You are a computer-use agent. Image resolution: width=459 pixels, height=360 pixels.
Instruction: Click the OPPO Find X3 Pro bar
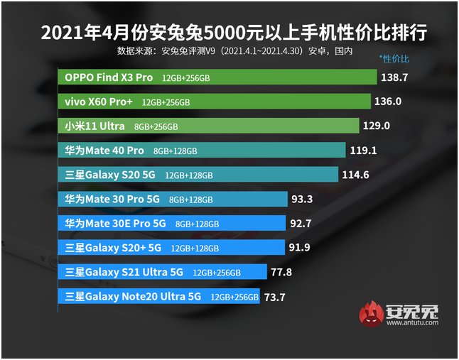tap(217, 77)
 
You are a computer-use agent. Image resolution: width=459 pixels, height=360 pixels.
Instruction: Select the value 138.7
tap(394, 77)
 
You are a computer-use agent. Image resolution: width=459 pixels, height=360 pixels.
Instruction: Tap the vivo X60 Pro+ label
tap(99, 102)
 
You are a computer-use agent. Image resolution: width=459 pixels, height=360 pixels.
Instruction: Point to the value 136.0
tap(388, 102)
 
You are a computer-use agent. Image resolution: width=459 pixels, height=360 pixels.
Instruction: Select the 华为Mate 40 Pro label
tap(104, 151)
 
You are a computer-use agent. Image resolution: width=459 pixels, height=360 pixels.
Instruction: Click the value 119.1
tap(363, 151)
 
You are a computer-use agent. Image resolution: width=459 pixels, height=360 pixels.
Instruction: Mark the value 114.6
tap(355, 175)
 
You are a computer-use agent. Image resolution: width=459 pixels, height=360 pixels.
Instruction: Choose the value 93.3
tap(303, 200)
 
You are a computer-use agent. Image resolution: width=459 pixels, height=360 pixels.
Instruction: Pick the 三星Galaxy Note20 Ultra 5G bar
tap(159, 297)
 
